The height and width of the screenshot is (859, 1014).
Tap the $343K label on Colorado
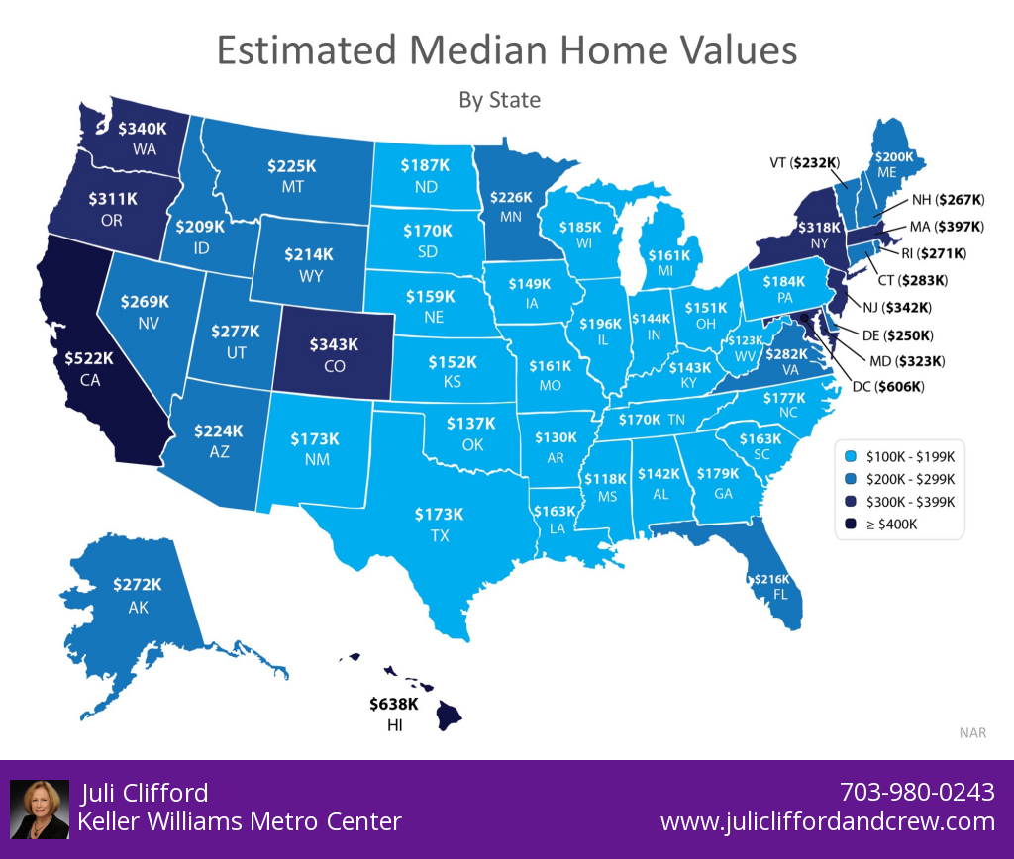click(333, 344)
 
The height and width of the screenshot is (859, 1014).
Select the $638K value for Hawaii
click(394, 705)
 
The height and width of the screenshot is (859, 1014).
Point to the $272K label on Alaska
click(138, 585)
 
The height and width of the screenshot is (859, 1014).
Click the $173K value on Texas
click(439, 514)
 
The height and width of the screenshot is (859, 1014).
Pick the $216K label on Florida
click(771, 578)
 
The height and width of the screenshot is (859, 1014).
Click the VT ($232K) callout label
click(804, 162)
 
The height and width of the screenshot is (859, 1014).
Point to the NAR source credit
click(971, 732)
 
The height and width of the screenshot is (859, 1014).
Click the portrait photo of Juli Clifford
click(40, 809)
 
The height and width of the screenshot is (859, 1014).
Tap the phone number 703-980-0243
click(917, 793)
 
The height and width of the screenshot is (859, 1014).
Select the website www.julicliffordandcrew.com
click(827, 821)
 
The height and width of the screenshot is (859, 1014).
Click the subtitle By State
click(500, 100)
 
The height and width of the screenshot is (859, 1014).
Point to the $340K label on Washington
click(143, 129)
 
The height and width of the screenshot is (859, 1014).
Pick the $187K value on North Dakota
click(425, 165)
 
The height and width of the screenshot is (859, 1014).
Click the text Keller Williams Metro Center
click(240, 821)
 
